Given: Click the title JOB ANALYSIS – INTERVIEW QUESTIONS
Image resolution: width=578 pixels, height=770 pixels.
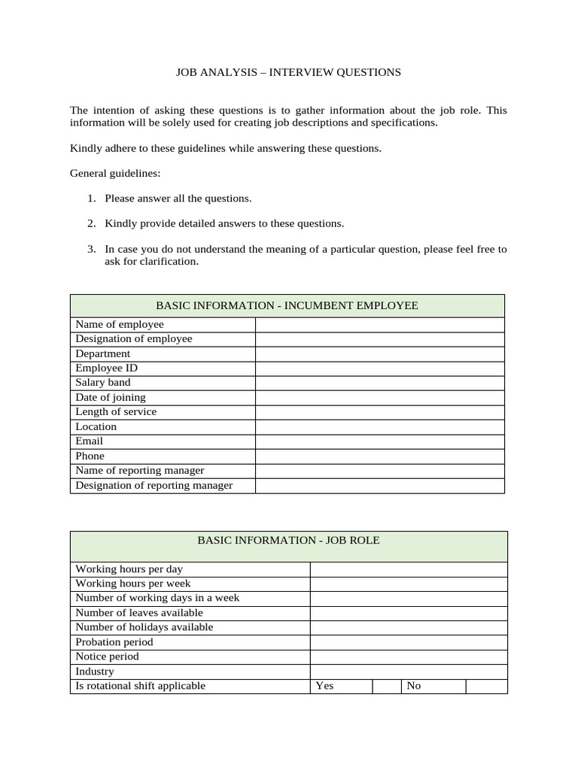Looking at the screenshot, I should [x=288, y=73].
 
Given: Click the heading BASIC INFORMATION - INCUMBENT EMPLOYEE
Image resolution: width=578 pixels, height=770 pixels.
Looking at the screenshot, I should [x=287, y=305].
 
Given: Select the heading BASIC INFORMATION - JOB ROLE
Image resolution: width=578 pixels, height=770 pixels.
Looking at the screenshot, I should [x=288, y=540].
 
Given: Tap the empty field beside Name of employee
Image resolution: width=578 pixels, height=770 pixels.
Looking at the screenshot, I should [x=379, y=325].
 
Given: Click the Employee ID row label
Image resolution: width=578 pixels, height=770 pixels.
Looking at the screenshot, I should [x=106, y=368].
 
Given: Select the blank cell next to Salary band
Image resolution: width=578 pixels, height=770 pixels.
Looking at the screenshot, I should [x=379, y=383].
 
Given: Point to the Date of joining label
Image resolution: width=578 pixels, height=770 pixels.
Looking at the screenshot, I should [x=111, y=397].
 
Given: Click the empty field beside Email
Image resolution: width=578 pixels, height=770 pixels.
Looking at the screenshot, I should [x=379, y=441].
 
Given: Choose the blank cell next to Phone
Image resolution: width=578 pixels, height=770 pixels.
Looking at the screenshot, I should [x=379, y=456].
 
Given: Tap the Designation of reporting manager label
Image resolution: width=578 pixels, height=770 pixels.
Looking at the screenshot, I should [x=154, y=485].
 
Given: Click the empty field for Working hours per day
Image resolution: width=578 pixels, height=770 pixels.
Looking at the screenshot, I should [x=409, y=569].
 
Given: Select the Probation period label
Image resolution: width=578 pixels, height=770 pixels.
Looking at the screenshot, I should [x=114, y=642].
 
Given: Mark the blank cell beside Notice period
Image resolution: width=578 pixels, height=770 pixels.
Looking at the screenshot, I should [x=409, y=656].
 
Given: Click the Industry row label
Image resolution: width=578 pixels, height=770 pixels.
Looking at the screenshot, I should [x=95, y=671].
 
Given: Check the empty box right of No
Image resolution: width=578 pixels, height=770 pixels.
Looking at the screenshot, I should [x=486, y=686].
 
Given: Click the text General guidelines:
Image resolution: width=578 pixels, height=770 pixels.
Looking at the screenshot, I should [x=115, y=173].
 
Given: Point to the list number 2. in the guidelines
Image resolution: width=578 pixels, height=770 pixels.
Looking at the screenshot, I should [x=91, y=223].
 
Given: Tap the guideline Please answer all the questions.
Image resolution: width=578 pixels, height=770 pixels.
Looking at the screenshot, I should [x=178, y=199].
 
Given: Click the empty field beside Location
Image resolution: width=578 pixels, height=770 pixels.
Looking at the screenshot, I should [x=379, y=426].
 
